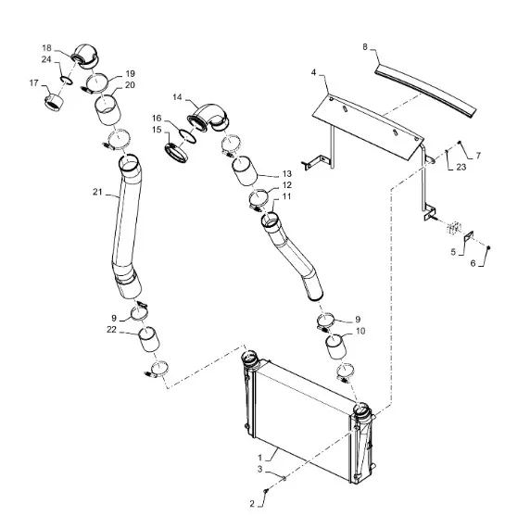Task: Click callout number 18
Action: pos(46,48)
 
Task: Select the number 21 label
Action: pos(97,192)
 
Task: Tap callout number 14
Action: pos(177,97)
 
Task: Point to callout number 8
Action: pos(365,47)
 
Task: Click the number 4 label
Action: pos(313,72)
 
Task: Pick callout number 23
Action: pos(461,167)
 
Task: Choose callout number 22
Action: pos(112,329)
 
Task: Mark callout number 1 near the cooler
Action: pos(259,458)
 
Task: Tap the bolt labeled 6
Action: pos(488,248)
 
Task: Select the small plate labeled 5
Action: pos(469,236)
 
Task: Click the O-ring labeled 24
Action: pos(66,81)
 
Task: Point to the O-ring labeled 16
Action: pos(187,135)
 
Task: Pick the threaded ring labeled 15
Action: pos(176,154)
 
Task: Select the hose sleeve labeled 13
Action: pos(245,170)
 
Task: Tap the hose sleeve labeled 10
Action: pos(335,346)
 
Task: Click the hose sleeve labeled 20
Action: pos(107,110)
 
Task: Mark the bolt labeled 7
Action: pos(459,143)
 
